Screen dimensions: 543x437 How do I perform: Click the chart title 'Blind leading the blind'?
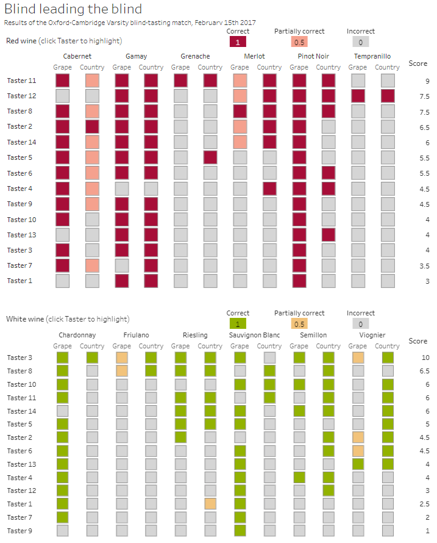pyautogui.click(x=73, y=9)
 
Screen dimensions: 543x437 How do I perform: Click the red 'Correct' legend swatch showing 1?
pyautogui.click(x=238, y=42)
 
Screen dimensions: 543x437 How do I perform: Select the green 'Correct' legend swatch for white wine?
pyautogui.click(x=238, y=324)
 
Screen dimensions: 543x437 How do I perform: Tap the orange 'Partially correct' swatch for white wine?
pyautogui.click(x=299, y=324)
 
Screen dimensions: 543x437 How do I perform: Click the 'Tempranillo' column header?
pyautogui.click(x=372, y=56)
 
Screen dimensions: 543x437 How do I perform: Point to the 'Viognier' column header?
pyautogui.click(x=372, y=335)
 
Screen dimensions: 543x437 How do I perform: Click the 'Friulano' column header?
pyautogui.click(x=136, y=335)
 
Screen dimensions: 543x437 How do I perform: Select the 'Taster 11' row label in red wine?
pyautogui.click(x=21, y=81)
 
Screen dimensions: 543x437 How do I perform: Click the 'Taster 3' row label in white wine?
pyautogui.click(x=20, y=358)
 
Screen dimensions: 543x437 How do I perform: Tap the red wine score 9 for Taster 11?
pyautogui.click(x=428, y=81)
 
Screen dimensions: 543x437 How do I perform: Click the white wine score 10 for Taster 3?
pyautogui.click(x=427, y=358)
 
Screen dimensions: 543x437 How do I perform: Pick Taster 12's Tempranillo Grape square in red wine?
pyautogui.click(x=358, y=96)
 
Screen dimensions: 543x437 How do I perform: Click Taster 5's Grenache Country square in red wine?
pyautogui.click(x=210, y=157)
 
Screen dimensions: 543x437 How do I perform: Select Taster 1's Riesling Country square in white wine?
pyautogui.click(x=210, y=504)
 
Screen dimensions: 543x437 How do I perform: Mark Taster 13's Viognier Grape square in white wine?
pyautogui.click(x=358, y=464)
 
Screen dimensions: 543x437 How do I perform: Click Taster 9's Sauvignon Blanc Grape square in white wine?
pyautogui.click(x=240, y=531)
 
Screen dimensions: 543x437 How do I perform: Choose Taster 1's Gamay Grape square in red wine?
pyautogui.click(x=121, y=281)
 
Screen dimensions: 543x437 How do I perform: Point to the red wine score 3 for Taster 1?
pyautogui.click(x=428, y=281)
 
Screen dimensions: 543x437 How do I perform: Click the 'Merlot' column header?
pyautogui.click(x=254, y=56)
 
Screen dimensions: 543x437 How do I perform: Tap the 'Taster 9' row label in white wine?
pyautogui.click(x=20, y=531)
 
